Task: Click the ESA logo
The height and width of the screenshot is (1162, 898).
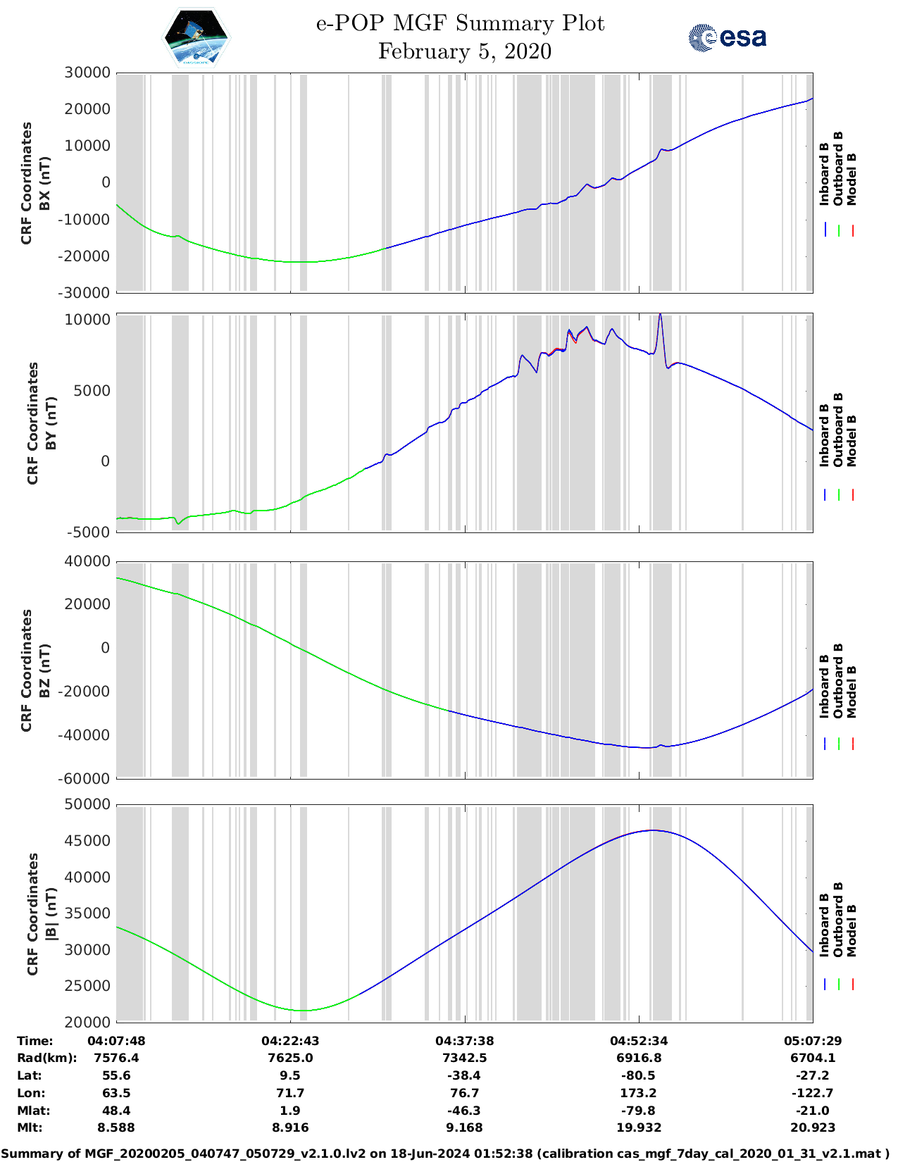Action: pos(728,37)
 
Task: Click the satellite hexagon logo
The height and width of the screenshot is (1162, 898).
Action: pos(196,37)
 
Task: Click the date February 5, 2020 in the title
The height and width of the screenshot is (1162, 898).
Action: pos(464,51)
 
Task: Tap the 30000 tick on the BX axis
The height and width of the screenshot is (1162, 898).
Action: pos(87,73)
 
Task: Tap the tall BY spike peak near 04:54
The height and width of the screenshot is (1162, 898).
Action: pos(660,315)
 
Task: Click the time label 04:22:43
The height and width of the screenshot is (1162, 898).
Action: pos(290,1041)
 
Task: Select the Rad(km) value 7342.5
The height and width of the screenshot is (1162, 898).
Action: pos(464,1058)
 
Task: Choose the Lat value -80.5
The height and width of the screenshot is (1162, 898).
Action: pos(639,1075)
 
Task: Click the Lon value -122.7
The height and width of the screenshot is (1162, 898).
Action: pos(813,1093)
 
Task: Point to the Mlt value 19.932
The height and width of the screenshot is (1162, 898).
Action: pos(639,1127)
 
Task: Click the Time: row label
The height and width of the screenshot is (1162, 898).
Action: pos(35,1041)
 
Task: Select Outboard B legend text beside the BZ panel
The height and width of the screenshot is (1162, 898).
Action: pos(838,680)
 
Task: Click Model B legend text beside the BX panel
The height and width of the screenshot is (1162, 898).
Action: pos(852,179)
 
